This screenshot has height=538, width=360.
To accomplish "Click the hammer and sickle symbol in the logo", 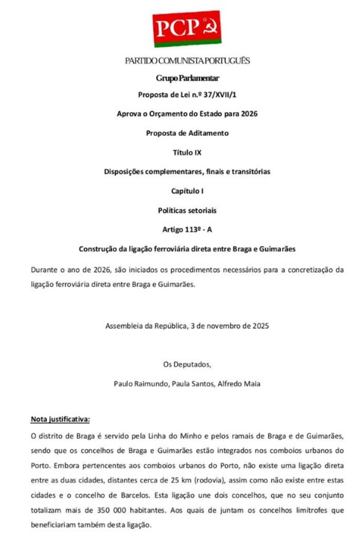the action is click(x=211, y=30).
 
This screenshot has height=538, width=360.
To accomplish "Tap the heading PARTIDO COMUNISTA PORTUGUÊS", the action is click(x=187, y=61).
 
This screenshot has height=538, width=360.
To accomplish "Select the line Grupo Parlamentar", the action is click(x=187, y=77).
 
